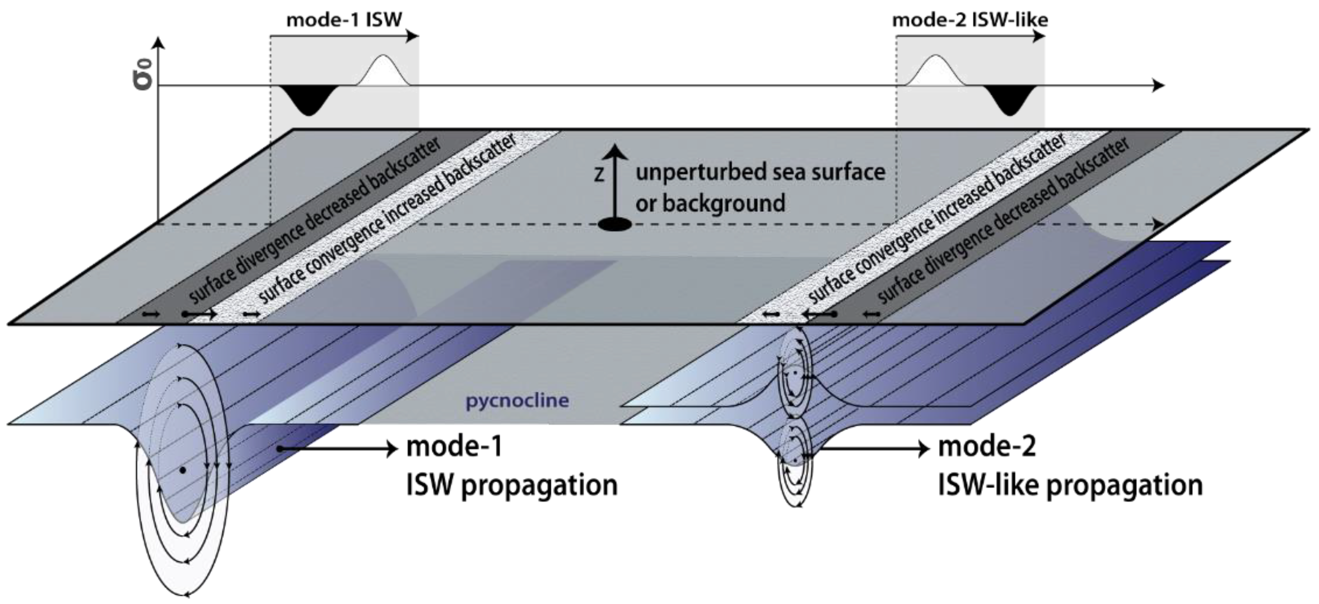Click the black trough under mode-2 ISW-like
coord(1009,100)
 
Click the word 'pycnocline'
coord(517,400)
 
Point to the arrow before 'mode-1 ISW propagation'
coord(338,449)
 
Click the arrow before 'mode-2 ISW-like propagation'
coord(870,449)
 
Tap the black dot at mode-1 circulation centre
coord(183,470)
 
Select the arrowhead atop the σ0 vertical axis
coord(160,43)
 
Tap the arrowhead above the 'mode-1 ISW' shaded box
coord(412,36)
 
